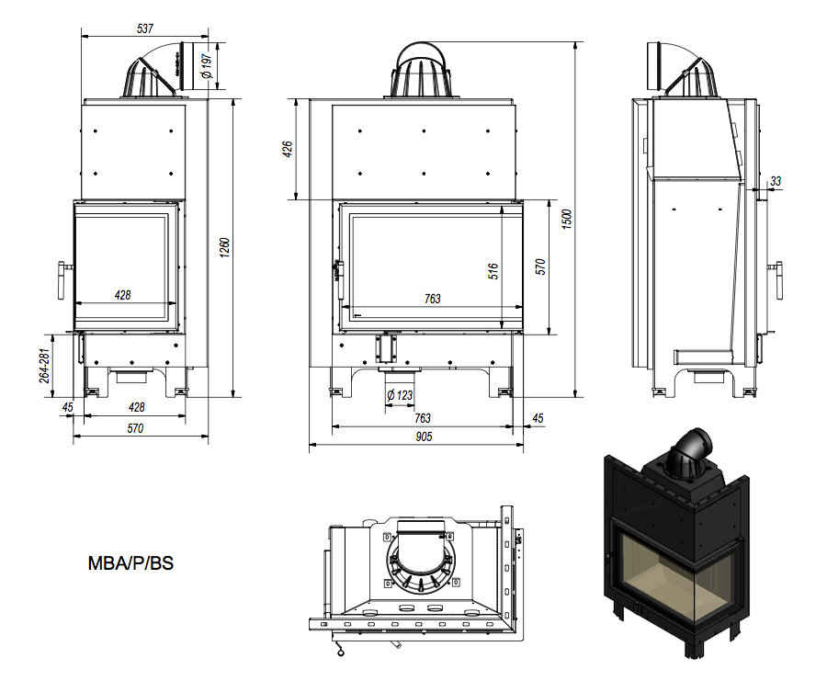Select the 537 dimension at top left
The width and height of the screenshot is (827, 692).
144,29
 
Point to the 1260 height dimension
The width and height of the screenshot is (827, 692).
224,248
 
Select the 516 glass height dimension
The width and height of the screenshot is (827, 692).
493,272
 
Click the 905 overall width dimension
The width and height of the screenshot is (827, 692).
423,437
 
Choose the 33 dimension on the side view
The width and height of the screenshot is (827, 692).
776,182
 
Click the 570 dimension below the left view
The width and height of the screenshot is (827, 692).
135,428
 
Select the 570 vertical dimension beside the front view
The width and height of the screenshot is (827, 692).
541,267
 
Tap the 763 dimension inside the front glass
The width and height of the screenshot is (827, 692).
432,299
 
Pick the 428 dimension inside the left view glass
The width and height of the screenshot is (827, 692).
122,295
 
